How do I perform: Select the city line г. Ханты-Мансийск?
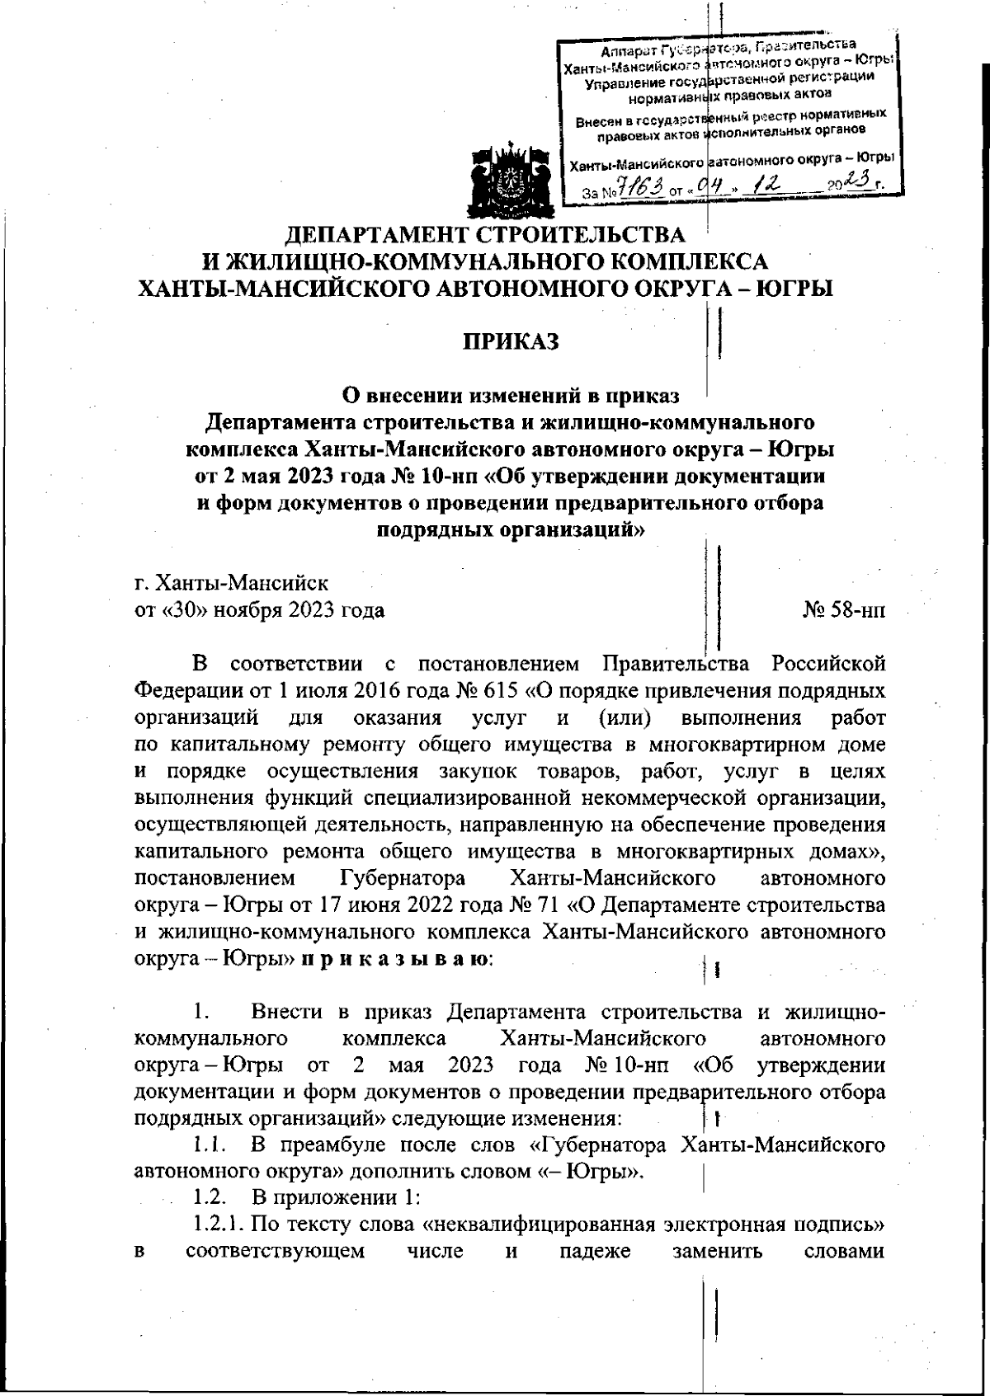(x=231, y=584)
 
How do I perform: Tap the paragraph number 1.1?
(x=209, y=1145)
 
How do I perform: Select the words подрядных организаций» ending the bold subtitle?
(x=509, y=529)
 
